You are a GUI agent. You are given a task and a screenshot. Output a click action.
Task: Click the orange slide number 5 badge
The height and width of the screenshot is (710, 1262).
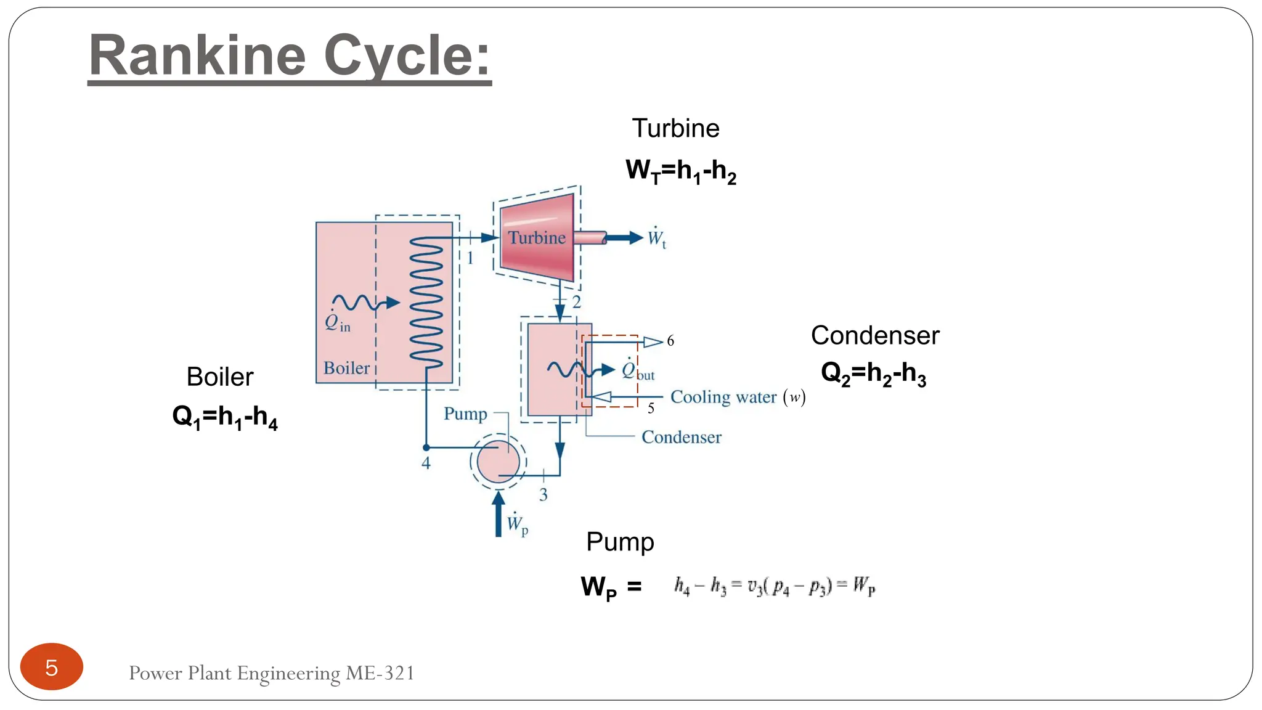52,667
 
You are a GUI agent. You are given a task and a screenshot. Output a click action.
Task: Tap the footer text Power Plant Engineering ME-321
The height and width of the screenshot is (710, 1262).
271,673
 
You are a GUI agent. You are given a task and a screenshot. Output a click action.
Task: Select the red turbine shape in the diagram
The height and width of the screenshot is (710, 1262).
537,238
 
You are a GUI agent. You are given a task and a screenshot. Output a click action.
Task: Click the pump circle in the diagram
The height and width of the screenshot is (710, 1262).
498,461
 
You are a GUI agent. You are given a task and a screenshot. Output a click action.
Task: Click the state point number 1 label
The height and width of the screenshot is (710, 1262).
470,258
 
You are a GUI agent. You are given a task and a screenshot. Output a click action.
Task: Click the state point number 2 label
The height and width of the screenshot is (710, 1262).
576,302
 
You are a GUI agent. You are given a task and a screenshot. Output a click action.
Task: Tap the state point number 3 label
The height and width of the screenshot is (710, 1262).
543,494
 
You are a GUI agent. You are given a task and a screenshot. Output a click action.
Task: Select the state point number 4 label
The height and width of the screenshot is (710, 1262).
426,463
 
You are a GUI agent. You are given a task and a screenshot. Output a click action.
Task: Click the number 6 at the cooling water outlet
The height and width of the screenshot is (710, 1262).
670,341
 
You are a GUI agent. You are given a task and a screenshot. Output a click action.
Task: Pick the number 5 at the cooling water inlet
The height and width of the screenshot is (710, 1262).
651,408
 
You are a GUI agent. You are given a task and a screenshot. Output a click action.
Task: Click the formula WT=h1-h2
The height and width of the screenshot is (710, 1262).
680,171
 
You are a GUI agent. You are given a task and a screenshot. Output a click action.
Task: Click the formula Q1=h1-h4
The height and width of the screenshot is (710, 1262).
225,417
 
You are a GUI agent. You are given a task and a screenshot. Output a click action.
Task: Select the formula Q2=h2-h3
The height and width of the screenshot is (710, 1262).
873,373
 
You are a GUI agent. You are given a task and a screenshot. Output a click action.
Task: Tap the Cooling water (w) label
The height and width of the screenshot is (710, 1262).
737,397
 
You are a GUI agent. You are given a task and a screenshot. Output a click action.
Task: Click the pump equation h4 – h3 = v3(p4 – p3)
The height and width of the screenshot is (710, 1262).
774,586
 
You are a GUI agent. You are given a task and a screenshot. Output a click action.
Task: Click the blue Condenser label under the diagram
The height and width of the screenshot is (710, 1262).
681,437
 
